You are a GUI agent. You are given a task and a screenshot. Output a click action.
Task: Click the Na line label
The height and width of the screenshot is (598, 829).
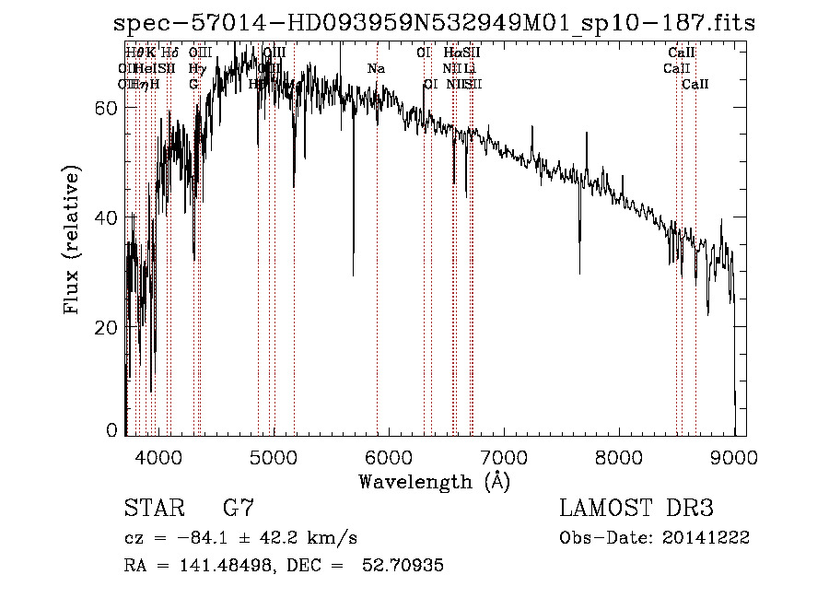pyautogui.click(x=376, y=69)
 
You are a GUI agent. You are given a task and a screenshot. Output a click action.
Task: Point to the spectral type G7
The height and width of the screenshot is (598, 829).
pyautogui.click(x=239, y=509)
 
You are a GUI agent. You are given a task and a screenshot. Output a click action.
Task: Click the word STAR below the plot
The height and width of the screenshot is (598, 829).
pyautogui.click(x=151, y=509)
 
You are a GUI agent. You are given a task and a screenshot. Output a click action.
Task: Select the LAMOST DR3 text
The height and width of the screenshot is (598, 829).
pyautogui.click(x=636, y=509)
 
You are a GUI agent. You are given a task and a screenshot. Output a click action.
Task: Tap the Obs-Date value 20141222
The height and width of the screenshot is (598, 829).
pyautogui.click(x=712, y=538)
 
